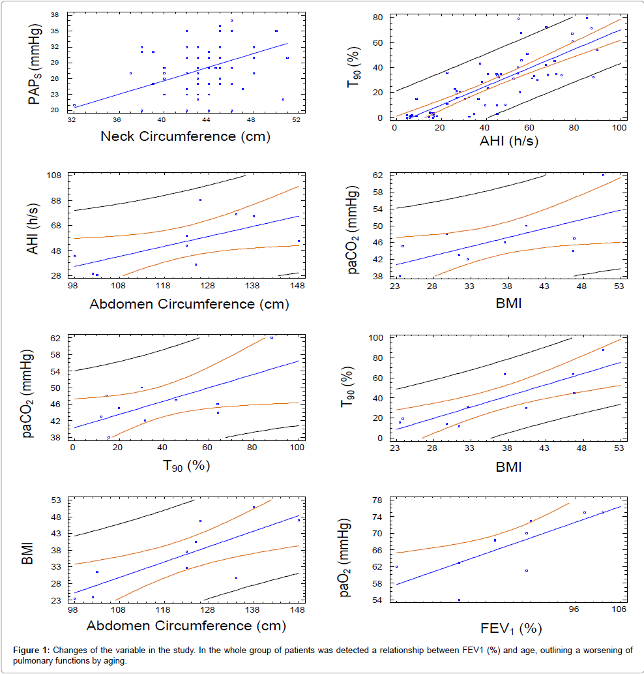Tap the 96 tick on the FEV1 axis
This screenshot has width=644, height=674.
[x=574, y=610]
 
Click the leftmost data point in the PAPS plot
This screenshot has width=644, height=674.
[x=74, y=105]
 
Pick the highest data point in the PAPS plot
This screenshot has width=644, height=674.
[x=231, y=20]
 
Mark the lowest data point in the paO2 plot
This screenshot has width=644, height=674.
[x=459, y=600]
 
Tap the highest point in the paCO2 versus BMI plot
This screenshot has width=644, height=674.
[x=603, y=175]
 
